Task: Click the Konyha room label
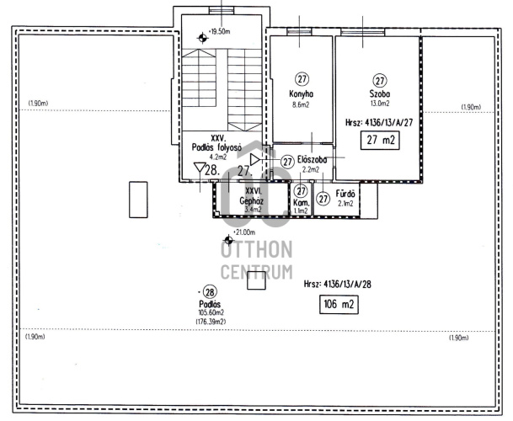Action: coord(301,94)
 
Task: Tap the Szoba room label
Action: coord(380,93)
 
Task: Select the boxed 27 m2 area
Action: coord(380,140)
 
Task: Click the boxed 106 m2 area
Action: coord(339,305)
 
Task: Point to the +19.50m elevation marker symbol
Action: coord(202,38)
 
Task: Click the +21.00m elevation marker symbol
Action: coord(228,240)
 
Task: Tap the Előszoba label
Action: coord(313,160)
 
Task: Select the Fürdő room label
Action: coord(345,194)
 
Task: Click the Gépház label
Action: coord(252,200)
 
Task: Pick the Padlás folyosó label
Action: coord(216,147)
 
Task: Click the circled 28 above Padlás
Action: coord(210,292)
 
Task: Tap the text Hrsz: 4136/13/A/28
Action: coord(338,284)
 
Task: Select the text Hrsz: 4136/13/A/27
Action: coord(379,123)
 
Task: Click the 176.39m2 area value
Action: coord(211,322)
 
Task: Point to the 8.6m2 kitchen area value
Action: coord(301,105)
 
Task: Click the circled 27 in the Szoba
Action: coord(380,81)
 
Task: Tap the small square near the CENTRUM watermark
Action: coord(256,280)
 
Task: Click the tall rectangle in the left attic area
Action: coord(138,200)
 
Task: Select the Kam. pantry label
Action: coord(301,203)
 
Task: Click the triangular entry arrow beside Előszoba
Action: coord(255,160)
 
